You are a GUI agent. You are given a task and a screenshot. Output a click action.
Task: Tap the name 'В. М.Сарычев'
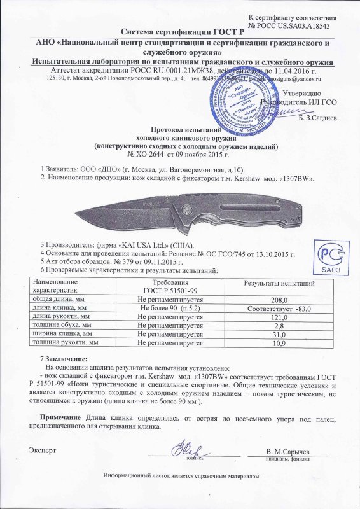click(x=290, y=451)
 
